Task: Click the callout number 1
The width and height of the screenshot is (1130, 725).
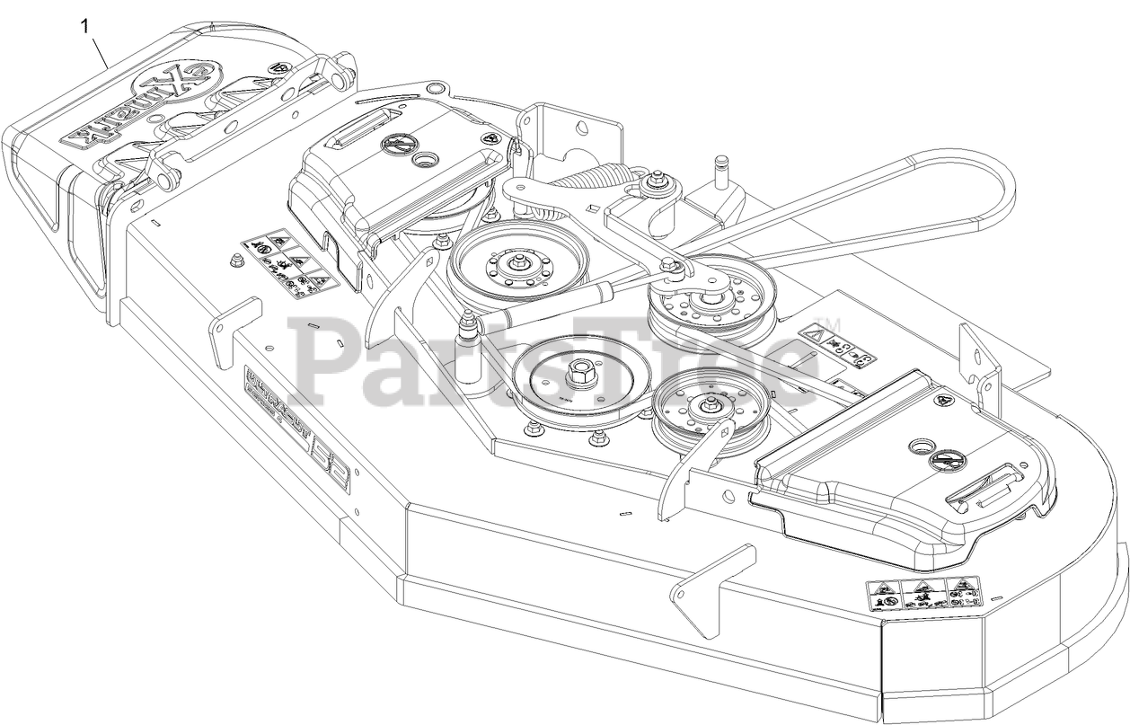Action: tap(85, 26)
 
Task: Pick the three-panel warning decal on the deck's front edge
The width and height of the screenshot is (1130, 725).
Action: tap(923, 595)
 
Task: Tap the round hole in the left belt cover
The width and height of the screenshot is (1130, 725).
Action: tap(422, 158)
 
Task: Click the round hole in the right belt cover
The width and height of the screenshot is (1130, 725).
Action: tap(922, 446)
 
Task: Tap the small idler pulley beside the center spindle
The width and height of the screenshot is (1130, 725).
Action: tap(697, 410)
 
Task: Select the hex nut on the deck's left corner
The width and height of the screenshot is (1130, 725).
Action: tap(236, 261)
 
